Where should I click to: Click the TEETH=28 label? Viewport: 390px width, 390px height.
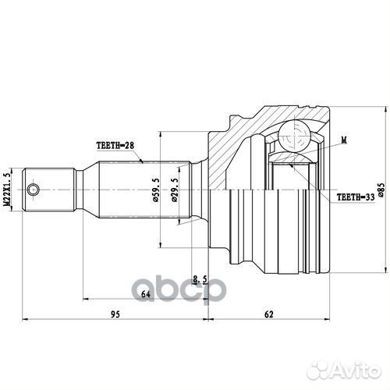pyautogui.click(x=115, y=145)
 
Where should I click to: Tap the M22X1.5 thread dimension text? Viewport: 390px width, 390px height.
pyautogui.click(x=7, y=190)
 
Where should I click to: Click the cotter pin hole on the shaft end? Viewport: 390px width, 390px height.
pyautogui.click(x=33, y=190)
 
